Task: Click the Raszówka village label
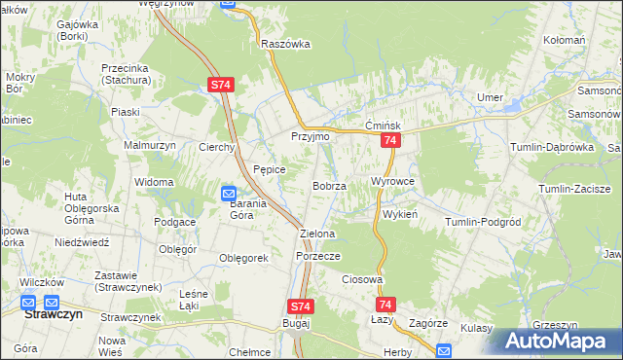pyautogui.click(x=285, y=44)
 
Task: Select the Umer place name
pyautogui.click(x=488, y=97)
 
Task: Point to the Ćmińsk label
pyautogui.click(x=383, y=126)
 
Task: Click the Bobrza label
pyautogui.click(x=329, y=185)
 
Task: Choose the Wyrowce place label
pyautogui.click(x=393, y=182)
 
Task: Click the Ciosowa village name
pyautogui.click(x=361, y=279)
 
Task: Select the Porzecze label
pyautogui.click(x=317, y=256)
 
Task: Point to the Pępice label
pyautogui.click(x=270, y=169)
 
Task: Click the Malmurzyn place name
pyautogui.click(x=148, y=145)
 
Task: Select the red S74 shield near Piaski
pyautogui.click(x=221, y=86)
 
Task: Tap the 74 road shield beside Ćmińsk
pyautogui.click(x=389, y=142)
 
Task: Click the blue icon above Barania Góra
pyautogui.click(x=229, y=193)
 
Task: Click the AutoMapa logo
pyautogui.click(x=555, y=341)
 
